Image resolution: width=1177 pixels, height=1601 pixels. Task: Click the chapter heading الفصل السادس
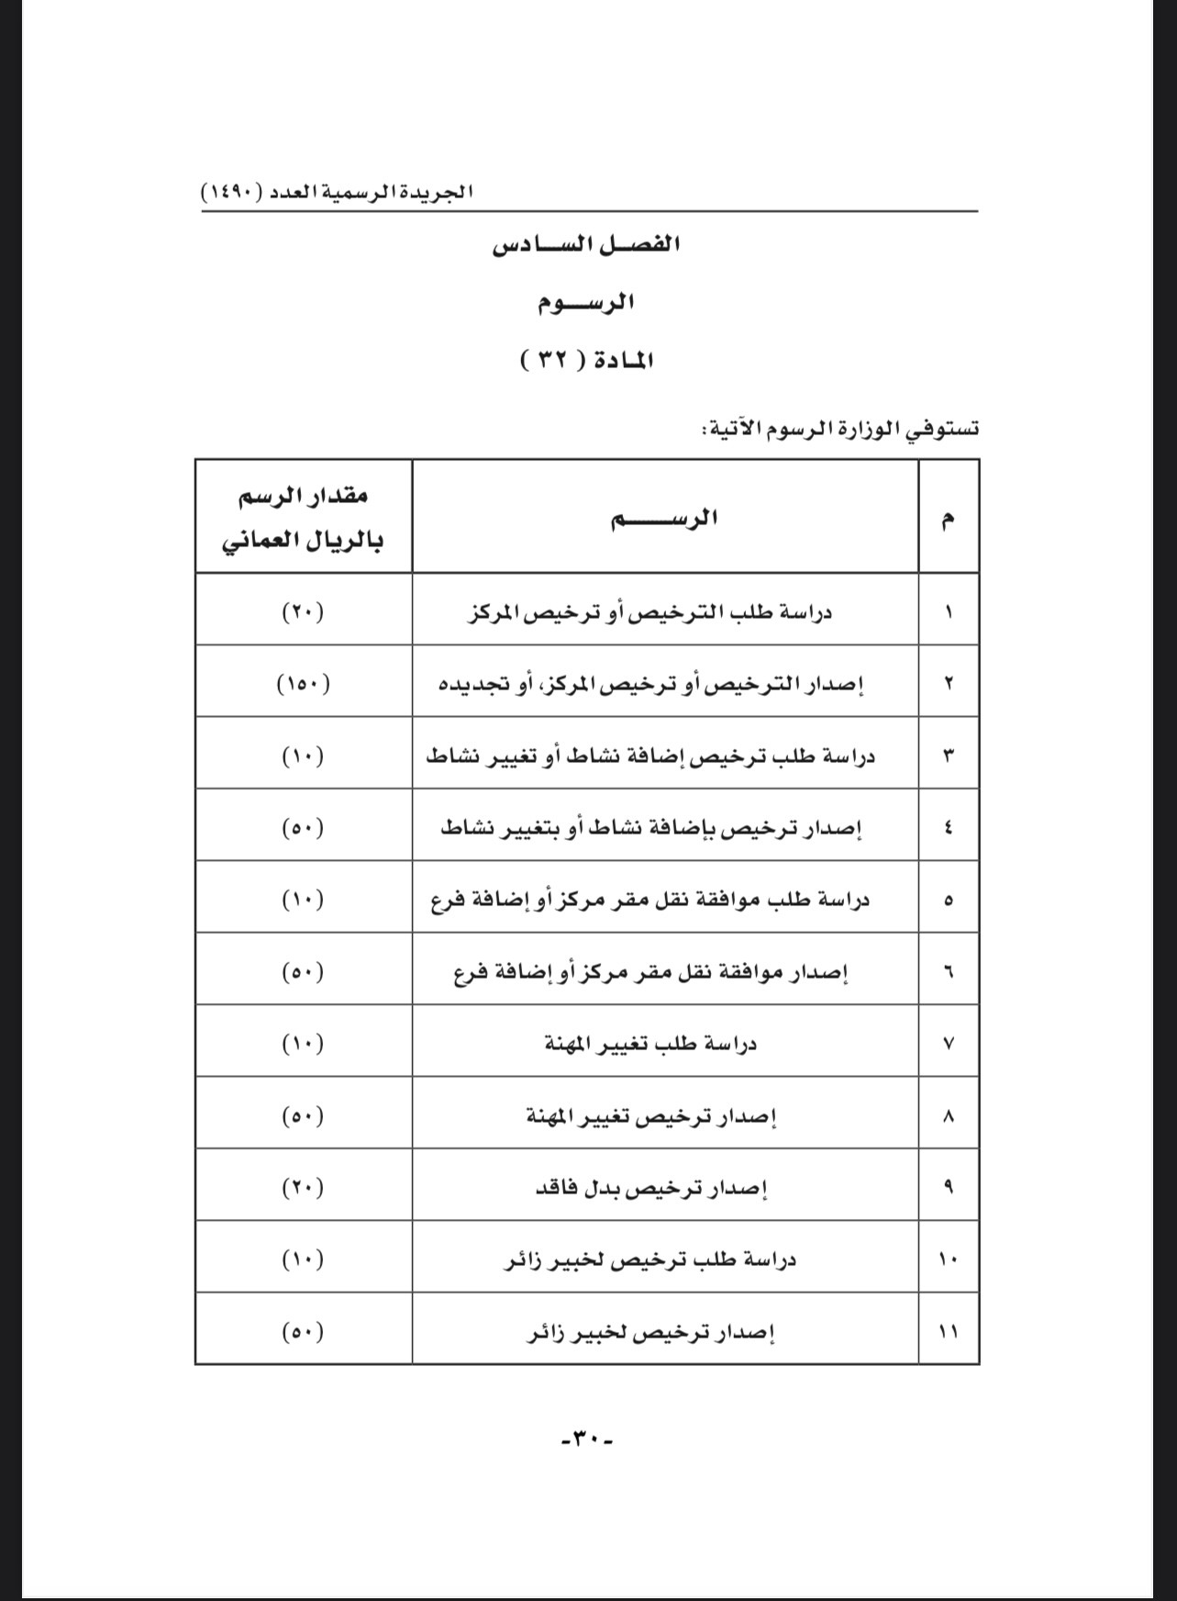click(x=587, y=246)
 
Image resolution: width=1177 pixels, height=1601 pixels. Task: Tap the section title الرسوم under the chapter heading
click(x=587, y=302)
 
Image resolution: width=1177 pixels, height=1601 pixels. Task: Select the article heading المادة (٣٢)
click(x=587, y=360)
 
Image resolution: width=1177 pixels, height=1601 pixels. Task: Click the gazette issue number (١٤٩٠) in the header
click(x=232, y=194)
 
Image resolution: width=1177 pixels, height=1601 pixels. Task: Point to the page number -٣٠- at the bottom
click(x=587, y=1439)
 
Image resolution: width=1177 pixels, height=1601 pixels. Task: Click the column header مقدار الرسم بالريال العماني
click(x=304, y=518)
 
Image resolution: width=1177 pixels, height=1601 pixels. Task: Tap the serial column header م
click(x=948, y=519)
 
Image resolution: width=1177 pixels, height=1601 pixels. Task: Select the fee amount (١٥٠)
click(x=304, y=684)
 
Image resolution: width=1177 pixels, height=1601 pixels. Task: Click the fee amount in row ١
click(x=304, y=612)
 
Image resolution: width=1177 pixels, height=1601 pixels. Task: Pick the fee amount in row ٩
click(x=304, y=1188)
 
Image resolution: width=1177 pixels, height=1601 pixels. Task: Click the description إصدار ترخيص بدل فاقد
click(x=651, y=1189)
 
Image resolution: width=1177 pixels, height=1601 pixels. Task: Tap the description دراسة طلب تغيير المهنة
click(x=651, y=1044)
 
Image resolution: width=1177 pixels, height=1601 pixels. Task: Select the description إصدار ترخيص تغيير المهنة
click(x=651, y=1116)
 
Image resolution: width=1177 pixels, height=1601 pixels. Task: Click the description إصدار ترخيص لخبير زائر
click(x=651, y=1332)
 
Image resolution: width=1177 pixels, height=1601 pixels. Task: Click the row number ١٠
click(x=948, y=1260)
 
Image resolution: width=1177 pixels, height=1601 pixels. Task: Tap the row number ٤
click(x=948, y=828)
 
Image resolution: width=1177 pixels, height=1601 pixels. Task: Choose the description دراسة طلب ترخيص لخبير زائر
click(x=651, y=1260)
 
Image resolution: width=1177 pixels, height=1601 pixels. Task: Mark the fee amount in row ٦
click(x=304, y=972)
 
